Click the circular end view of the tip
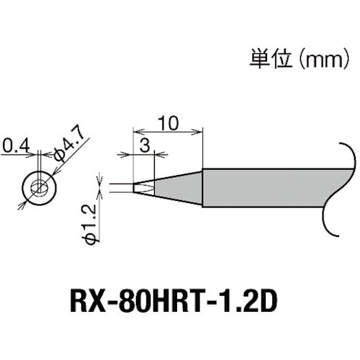tap(37, 187)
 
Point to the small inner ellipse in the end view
tap(37, 188)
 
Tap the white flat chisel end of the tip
tap(142, 189)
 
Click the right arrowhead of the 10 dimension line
tap(199, 130)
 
